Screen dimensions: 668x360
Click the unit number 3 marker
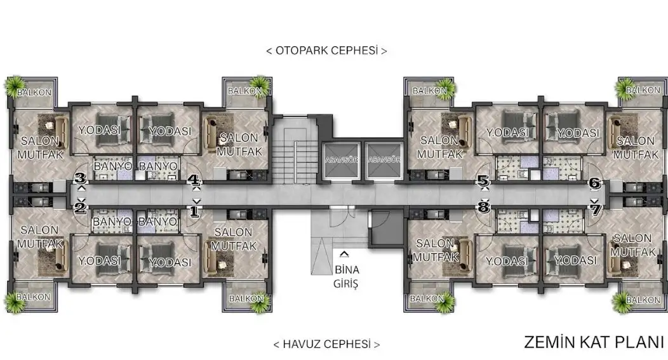click(81, 178)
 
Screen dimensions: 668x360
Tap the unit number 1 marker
click(194, 211)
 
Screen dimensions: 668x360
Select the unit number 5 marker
click(483, 181)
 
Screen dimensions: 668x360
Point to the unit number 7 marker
click(596, 210)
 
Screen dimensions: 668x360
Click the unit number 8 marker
click(483, 208)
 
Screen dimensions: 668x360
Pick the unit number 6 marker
click(595, 183)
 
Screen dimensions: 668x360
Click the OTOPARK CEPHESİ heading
click(327, 51)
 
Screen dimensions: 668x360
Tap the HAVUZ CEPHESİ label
click(326, 344)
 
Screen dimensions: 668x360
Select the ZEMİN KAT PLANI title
click(594, 342)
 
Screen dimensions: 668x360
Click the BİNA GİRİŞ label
click(346, 276)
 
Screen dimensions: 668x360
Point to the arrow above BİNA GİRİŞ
click(344, 255)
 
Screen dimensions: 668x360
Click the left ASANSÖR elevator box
click(341, 160)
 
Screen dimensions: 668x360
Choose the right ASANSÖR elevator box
click(384, 160)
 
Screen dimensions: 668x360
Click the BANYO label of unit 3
click(113, 166)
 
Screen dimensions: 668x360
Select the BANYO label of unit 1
click(157, 222)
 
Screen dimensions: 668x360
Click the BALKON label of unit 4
click(244, 91)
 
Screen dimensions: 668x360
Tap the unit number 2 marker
click(81, 208)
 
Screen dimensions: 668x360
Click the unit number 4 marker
click(194, 180)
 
